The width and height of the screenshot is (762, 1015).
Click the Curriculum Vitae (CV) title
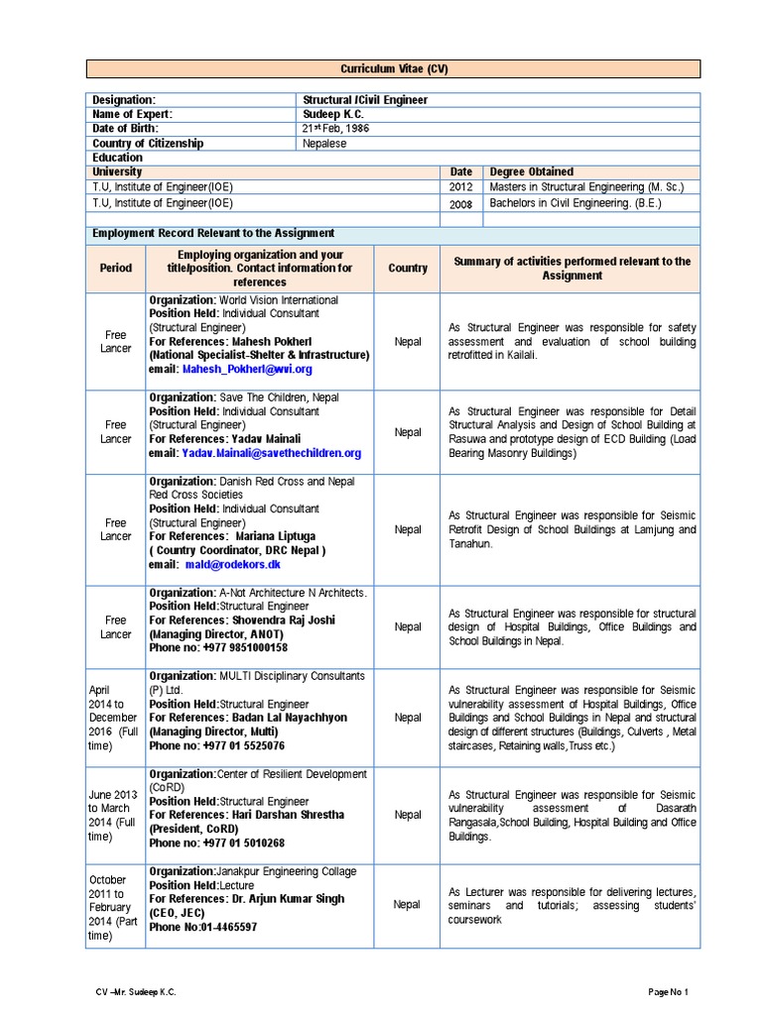(394, 69)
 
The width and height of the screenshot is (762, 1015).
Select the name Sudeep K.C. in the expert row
(333, 115)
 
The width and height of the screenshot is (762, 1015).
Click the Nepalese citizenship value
(324, 144)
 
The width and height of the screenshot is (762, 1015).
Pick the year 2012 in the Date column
(461, 186)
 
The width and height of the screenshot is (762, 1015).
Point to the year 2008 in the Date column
(461, 203)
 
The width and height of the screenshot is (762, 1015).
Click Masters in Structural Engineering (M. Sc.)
(586, 186)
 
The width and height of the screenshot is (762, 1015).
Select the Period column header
(115, 268)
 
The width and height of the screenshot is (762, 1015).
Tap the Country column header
(408, 268)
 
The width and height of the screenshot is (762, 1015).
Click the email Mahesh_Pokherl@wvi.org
(247, 369)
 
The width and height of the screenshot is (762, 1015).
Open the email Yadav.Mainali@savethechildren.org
(271, 453)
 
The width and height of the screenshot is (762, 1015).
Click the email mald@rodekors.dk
(232, 564)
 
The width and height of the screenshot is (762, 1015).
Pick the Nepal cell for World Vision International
(408, 342)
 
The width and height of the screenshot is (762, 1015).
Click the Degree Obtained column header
(532, 171)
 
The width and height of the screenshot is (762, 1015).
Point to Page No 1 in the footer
(668, 991)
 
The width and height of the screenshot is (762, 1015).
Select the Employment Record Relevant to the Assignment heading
(213, 233)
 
